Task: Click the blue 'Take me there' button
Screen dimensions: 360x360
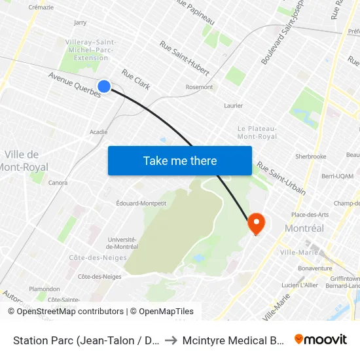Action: click(x=180, y=161)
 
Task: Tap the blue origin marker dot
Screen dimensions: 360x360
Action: click(x=104, y=86)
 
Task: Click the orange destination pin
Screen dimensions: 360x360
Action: click(x=255, y=224)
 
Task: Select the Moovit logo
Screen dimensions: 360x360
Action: click(x=321, y=339)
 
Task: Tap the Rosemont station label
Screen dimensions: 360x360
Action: click(x=199, y=87)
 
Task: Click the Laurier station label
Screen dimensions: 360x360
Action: click(x=233, y=105)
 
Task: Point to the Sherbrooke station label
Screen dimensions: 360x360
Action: click(x=310, y=157)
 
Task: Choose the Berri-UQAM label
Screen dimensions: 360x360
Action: click(x=338, y=177)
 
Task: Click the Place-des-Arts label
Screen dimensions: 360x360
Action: click(x=310, y=214)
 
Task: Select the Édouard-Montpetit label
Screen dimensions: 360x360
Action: click(x=141, y=203)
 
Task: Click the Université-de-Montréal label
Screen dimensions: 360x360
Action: click(x=122, y=243)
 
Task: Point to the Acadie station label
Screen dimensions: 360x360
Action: click(x=98, y=132)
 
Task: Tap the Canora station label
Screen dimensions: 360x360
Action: click(x=58, y=183)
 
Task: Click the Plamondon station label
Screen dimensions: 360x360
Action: click(x=45, y=289)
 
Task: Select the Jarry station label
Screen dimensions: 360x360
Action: click(x=80, y=22)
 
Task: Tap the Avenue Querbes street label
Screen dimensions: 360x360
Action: click(x=74, y=84)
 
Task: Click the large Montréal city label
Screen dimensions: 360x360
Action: click(x=304, y=228)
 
